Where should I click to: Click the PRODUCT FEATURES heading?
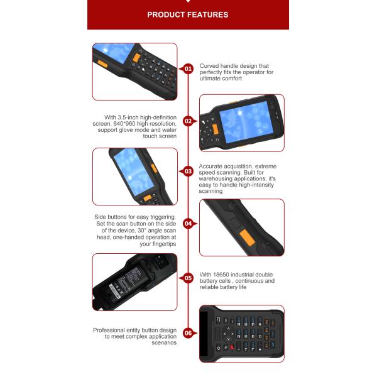pyautogui.click(x=188, y=14)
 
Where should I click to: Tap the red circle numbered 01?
pyautogui.click(x=188, y=69)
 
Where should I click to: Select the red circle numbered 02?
pyautogui.click(x=188, y=121)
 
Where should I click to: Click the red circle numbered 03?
pyautogui.click(x=188, y=172)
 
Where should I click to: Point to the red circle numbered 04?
pyautogui.click(x=188, y=224)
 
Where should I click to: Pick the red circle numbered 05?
pyautogui.click(x=188, y=278)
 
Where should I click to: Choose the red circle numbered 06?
pyautogui.click(x=188, y=333)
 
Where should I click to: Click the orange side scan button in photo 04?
pyautogui.click(x=246, y=238)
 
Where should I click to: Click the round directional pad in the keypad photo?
pyautogui.click(x=228, y=334)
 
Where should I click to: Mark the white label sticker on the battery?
pyautogui.click(x=115, y=291)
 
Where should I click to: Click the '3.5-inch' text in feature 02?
pyautogui.click(x=128, y=117)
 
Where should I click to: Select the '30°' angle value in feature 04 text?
pyautogui.click(x=141, y=231)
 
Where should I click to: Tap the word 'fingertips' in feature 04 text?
pyautogui.click(x=164, y=244)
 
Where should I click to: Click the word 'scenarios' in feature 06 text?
pyautogui.click(x=164, y=342)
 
